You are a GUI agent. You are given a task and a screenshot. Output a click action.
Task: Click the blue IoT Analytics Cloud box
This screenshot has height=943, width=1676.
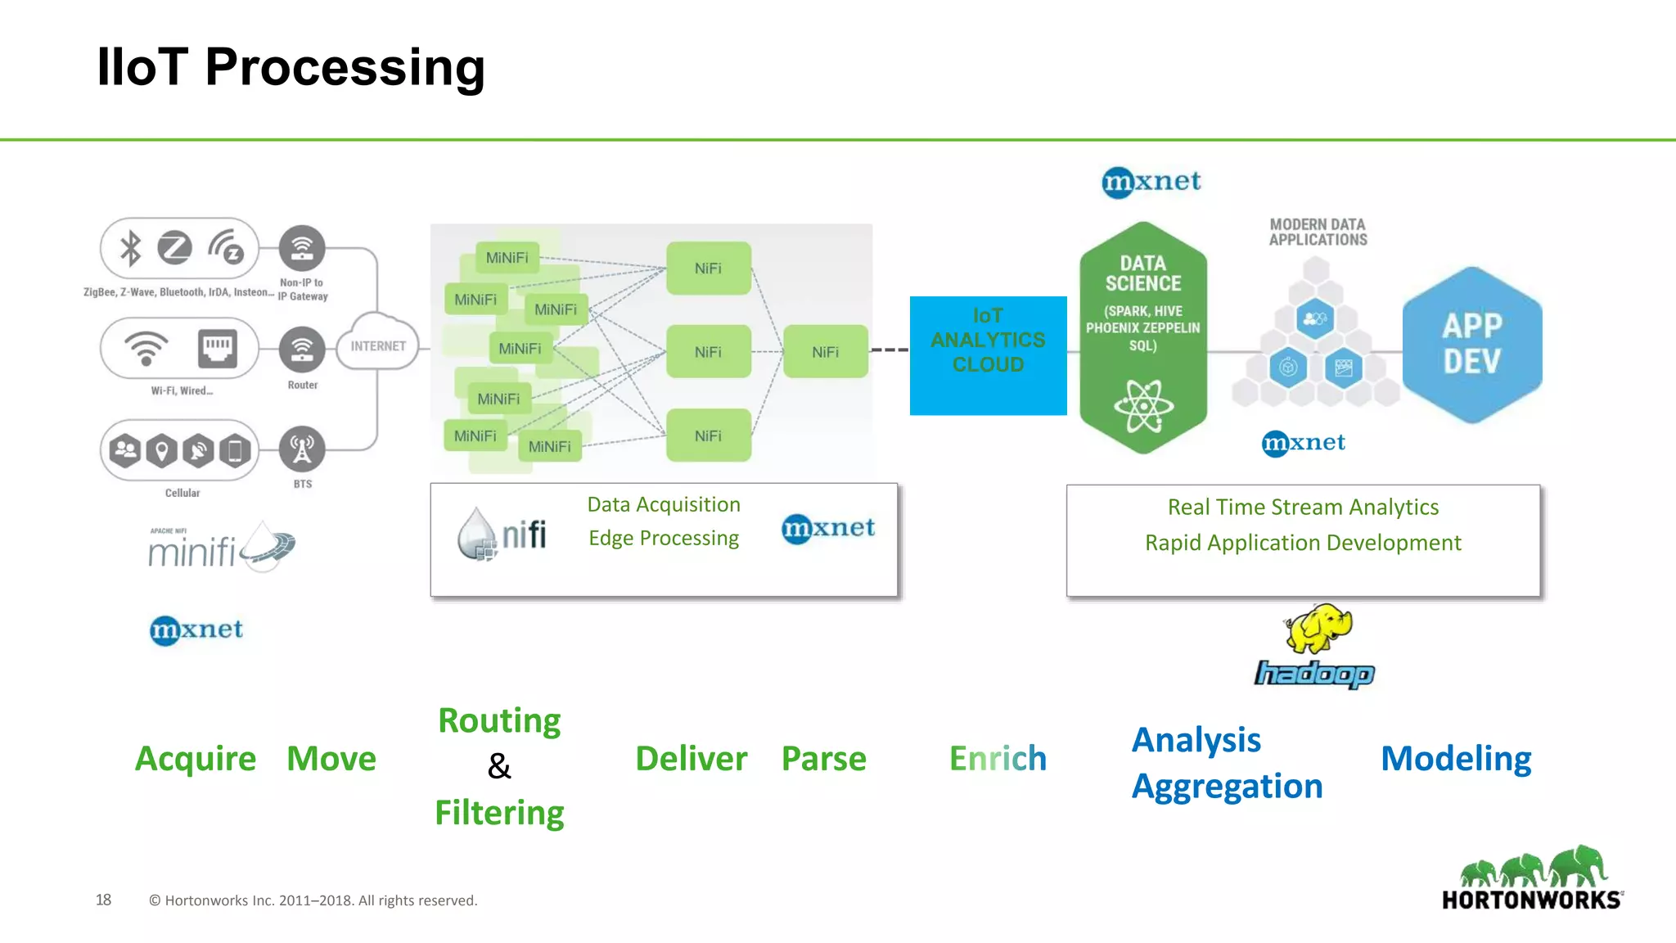pos(988,355)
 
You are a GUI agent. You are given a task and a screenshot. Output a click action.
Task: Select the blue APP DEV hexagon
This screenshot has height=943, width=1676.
pos(1471,344)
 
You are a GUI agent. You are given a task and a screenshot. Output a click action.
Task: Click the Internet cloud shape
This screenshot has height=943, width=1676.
pos(377,345)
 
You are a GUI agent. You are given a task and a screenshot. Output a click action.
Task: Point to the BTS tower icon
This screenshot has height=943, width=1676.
pos(302,449)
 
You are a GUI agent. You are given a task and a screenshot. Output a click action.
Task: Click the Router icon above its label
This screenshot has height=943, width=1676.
pos(302,350)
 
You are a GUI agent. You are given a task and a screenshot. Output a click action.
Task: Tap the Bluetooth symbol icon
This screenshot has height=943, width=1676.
pos(131,248)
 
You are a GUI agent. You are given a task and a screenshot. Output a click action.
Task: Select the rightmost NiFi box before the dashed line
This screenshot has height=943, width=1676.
pos(825,352)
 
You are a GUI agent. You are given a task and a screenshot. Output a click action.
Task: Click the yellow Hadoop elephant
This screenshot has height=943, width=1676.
pos(1318,629)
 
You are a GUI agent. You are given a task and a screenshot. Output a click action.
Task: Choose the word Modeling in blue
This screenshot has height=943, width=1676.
pos(1455,759)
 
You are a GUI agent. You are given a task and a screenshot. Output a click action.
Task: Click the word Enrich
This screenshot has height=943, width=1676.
pos(998,759)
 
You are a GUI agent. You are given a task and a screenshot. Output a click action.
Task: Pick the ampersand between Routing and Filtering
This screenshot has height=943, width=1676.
pos(499,767)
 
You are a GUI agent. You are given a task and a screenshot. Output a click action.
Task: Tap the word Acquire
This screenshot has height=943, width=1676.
pos(196,759)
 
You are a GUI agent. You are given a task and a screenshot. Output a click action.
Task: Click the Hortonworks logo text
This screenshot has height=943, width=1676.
pos(1531,900)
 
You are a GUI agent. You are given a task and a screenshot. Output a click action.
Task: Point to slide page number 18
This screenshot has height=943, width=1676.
pos(103,900)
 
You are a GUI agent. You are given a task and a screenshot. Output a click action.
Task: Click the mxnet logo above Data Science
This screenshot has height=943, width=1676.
pos(1151,182)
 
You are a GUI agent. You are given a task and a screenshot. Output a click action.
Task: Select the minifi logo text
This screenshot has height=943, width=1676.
pos(192,553)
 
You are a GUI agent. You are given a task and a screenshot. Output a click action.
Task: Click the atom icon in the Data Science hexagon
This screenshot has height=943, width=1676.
pos(1143,406)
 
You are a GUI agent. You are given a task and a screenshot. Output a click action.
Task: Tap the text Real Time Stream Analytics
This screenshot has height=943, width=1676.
pos(1303,508)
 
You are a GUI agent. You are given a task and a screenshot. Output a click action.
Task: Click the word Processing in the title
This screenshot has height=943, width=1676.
pos(345,67)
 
